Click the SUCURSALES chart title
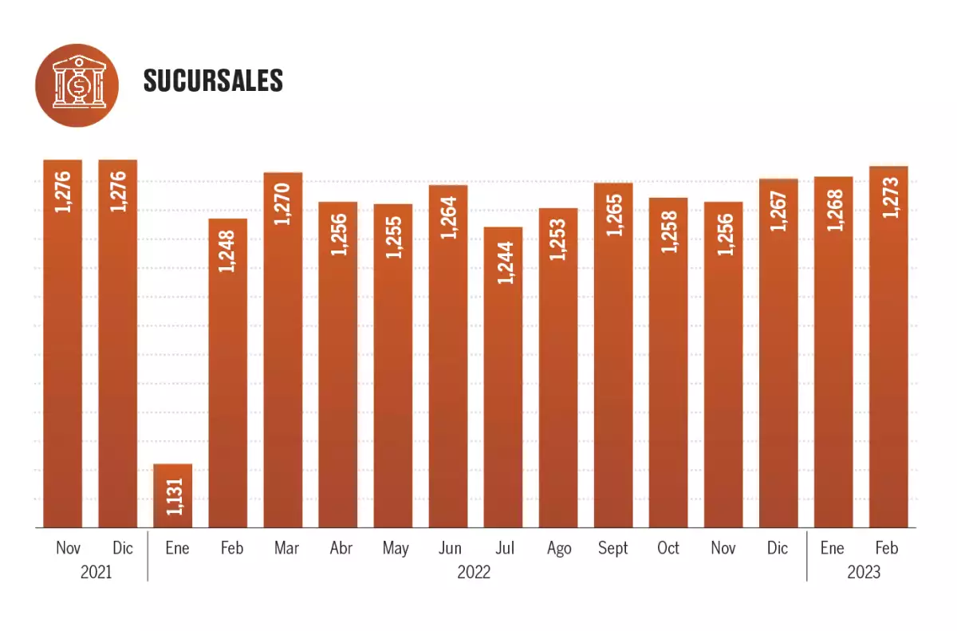[x=213, y=81]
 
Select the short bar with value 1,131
[x=173, y=495]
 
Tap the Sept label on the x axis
[x=613, y=548]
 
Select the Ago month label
[x=559, y=548]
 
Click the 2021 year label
[x=96, y=572]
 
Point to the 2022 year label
[x=475, y=572]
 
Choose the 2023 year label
[x=864, y=572]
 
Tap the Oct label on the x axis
[x=668, y=548]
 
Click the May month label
[x=395, y=548]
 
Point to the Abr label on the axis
[x=341, y=548]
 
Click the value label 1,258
[x=669, y=231]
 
